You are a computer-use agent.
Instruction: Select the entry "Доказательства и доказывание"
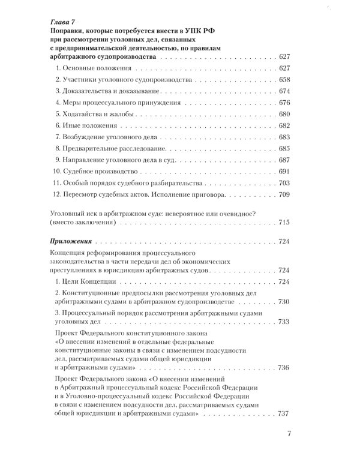pos(103,91)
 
